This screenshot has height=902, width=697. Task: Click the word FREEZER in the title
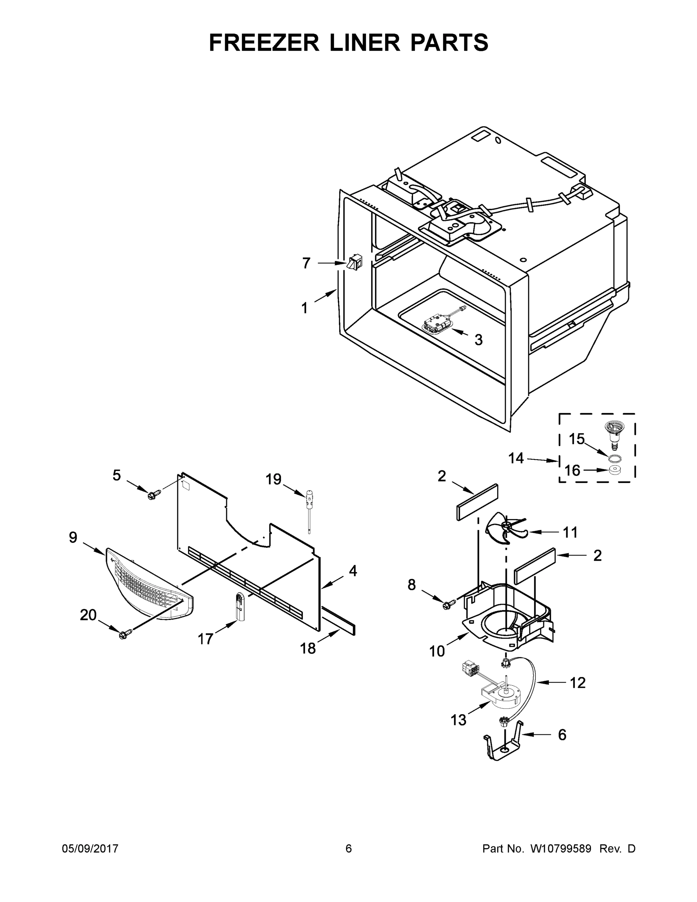[264, 42]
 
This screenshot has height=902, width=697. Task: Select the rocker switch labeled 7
[354, 263]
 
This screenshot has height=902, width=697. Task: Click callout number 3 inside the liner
[478, 340]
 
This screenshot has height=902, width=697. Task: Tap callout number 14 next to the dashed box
[516, 458]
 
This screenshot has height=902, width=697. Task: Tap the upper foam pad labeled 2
[477, 502]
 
